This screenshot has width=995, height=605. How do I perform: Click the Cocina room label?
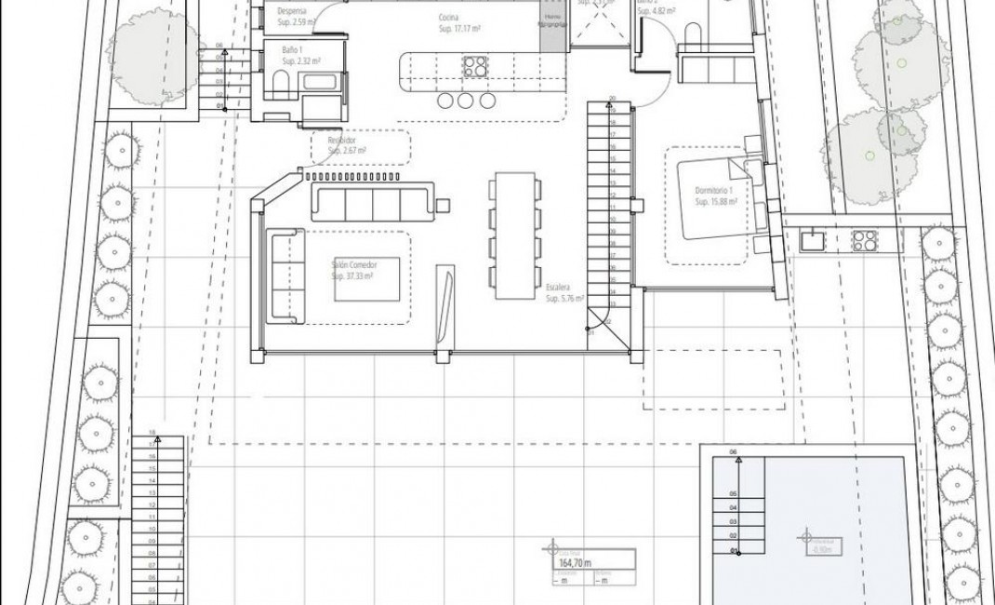point(450,18)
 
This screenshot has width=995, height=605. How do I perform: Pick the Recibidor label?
point(342,139)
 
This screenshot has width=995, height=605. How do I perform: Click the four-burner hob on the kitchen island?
point(475,66)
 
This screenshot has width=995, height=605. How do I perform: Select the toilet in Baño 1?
point(281,87)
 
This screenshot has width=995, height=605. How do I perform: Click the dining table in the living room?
point(515,235)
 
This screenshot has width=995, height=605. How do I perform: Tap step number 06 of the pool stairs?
point(733,452)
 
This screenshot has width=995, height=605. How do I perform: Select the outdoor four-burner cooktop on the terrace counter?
point(864,240)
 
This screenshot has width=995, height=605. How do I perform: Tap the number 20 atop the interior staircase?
point(612,98)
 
